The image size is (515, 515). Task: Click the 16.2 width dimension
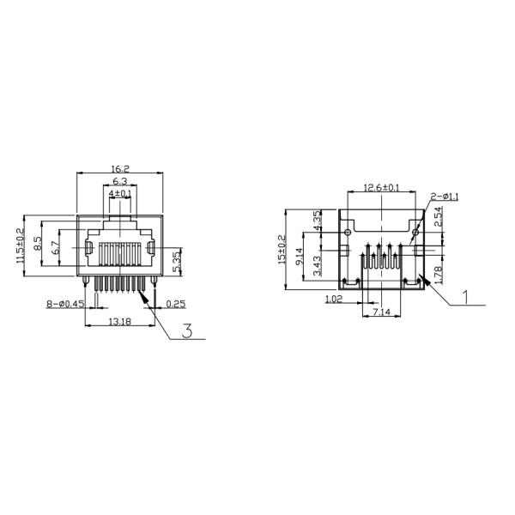coord(120,169)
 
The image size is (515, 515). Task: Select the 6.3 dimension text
coord(120,181)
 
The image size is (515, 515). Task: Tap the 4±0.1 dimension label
coord(120,194)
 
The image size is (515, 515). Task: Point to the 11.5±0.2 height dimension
coord(21,245)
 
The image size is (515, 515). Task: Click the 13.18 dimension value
coord(120,322)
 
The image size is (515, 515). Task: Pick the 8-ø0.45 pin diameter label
coord(65,304)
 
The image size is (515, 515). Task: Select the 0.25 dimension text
coord(176,304)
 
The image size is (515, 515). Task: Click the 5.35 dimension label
coord(177,262)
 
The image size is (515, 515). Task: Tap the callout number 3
coord(187,330)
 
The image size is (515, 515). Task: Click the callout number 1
coord(465,297)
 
